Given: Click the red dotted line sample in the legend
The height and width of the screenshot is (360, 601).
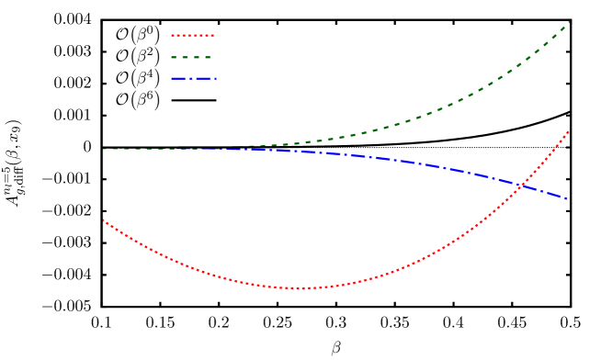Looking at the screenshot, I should coord(192,36).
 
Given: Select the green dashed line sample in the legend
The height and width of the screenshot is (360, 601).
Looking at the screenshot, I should coord(192,57).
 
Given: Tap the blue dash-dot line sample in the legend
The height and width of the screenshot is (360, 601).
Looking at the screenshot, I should coord(192,78).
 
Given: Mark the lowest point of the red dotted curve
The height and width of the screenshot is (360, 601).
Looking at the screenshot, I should coord(297,288).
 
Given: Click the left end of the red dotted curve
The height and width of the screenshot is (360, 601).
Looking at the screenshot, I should coord(103,220).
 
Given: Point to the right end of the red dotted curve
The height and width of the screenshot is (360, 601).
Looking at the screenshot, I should coord(568,131).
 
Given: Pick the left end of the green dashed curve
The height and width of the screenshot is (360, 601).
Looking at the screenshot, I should coord(103,149).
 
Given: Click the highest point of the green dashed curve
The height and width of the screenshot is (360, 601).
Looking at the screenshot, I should coord(568,22).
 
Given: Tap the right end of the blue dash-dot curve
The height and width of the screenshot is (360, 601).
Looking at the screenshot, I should coord(567,198).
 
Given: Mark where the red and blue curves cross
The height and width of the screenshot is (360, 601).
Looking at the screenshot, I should coord(520,186).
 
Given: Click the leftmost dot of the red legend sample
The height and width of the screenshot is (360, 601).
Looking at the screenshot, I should coord(172,36).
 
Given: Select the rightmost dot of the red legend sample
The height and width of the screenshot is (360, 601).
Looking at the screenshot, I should coord(212,36).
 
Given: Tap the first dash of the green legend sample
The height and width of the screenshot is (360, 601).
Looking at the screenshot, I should coord(174,57).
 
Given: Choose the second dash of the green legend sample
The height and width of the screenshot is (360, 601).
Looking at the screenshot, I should coord(185,57).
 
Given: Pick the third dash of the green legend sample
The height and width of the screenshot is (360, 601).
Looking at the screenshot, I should coord(196,57).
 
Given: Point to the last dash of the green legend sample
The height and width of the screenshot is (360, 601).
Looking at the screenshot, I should coord(208,57).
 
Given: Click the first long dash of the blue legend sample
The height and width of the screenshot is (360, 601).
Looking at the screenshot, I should coord(177,78).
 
